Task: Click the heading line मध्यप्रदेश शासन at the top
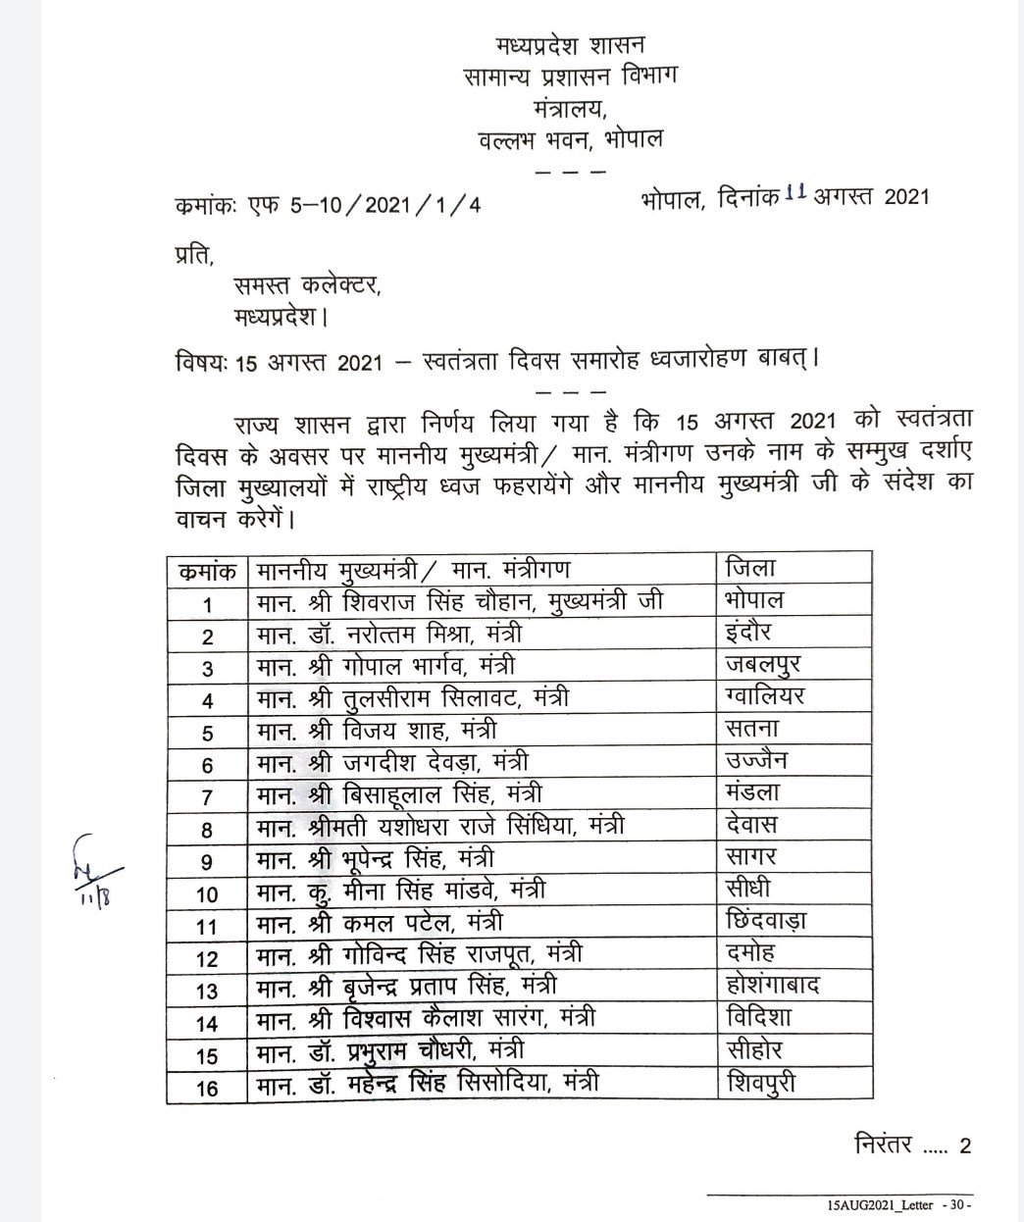click(570, 45)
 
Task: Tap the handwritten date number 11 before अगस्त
click(794, 194)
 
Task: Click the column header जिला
click(751, 568)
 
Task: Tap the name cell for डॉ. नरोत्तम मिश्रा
click(403, 634)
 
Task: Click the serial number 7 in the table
click(207, 796)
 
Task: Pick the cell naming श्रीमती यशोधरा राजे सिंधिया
click(440, 826)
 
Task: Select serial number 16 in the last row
click(207, 1088)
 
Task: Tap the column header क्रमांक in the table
click(207, 569)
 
